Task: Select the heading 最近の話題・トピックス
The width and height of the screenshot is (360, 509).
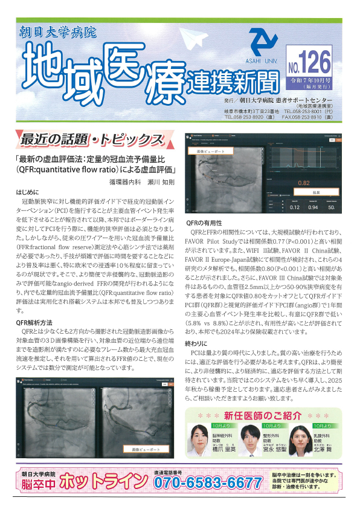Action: (91, 139)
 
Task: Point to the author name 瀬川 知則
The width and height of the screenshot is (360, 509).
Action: (159, 181)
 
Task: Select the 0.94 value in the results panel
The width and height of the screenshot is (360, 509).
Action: (313, 207)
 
